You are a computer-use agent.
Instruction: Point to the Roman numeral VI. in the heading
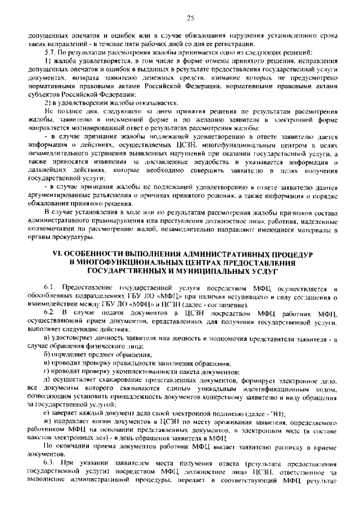click(x=57, y=254)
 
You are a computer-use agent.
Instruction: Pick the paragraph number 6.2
click(x=49, y=311)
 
